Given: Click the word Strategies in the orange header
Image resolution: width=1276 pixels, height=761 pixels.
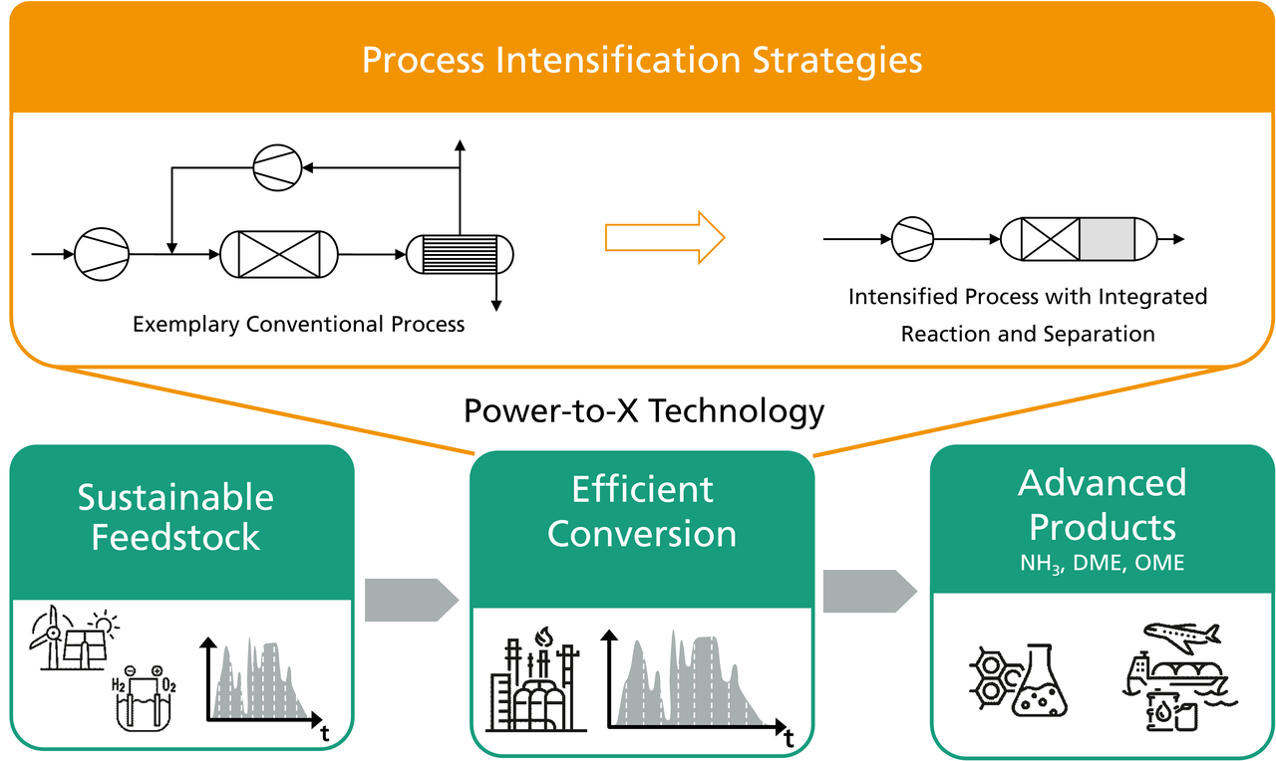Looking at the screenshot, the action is [x=836, y=61].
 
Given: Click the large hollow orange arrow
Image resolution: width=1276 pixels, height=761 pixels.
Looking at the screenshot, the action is [x=665, y=237].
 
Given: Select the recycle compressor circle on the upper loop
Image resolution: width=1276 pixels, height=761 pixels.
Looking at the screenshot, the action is [x=277, y=167].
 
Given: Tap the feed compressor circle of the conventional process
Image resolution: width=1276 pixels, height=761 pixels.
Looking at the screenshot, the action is [x=102, y=254].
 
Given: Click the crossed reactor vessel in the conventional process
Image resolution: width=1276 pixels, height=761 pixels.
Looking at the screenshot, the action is [x=279, y=254].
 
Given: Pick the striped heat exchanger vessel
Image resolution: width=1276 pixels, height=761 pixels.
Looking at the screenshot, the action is [x=460, y=254].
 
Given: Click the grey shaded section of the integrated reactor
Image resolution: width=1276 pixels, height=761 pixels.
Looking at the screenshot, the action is [x=1107, y=239].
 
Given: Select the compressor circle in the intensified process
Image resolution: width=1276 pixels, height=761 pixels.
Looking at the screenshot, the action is [x=912, y=239].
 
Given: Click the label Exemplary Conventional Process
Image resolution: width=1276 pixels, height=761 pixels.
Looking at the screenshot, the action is [x=298, y=325].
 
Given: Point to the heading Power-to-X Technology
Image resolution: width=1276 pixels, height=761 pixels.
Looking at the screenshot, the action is [x=644, y=411].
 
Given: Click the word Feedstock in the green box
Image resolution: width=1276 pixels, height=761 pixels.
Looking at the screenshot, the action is [x=175, y=537].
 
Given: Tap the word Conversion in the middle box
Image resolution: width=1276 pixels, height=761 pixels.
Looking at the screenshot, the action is [x=642, y=534].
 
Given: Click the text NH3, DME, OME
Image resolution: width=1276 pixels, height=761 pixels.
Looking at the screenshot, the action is [x=1103, y=563].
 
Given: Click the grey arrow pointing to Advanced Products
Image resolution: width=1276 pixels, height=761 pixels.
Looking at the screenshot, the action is [x=870, y=592].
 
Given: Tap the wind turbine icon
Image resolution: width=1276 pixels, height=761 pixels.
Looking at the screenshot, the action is [x=51, y=636].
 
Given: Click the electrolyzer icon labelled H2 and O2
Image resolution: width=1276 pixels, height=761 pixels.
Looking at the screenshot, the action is [x=144, y=698].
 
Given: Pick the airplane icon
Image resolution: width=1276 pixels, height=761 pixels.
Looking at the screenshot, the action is [x=1182, y=637].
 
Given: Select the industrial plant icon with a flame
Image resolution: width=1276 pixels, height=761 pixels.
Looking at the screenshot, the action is [x=535, y=679].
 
